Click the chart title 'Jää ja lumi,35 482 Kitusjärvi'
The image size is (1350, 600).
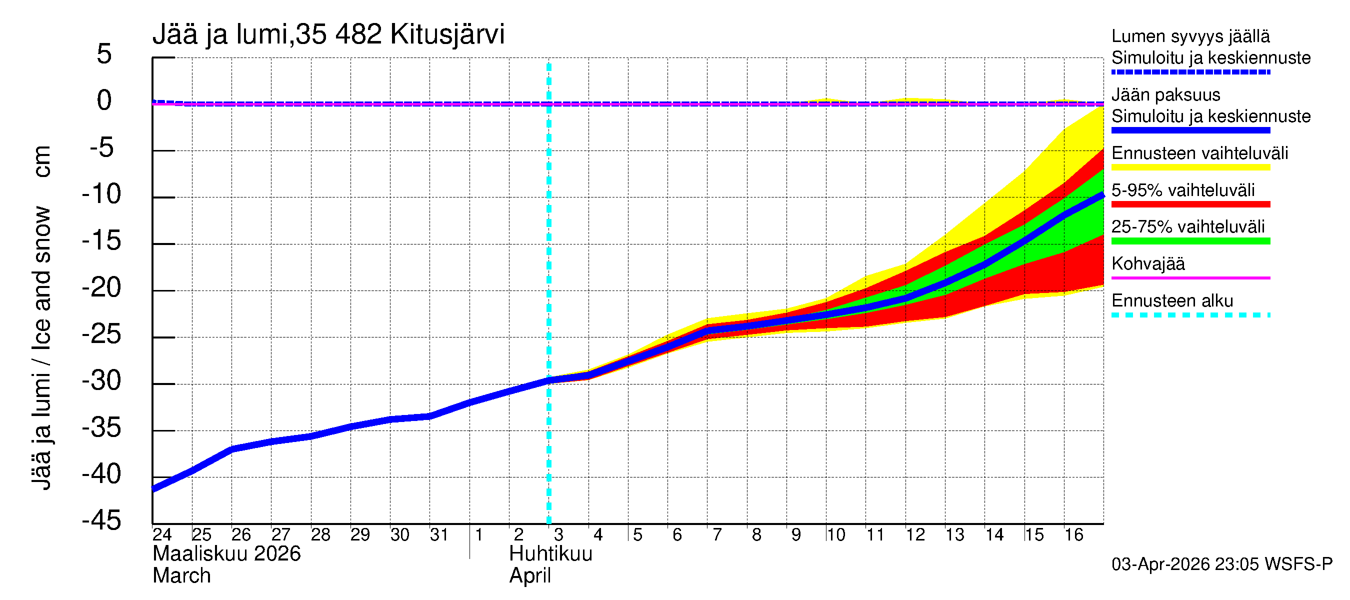click(328, 34)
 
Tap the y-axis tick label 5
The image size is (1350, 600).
click(104, 54)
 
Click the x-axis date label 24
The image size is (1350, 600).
click(162, 535)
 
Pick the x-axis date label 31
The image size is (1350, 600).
click(439, 535)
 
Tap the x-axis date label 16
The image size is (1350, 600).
click(1073, 535)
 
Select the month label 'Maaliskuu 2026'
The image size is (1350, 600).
click(226, 554)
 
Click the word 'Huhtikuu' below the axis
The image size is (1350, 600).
click(550, 554)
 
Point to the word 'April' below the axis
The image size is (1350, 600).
click(530, 576)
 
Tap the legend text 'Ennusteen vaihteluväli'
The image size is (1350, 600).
click(1199, 153)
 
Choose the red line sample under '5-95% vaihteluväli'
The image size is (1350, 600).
click(1190, 204)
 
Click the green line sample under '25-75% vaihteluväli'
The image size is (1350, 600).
click(1190, 241)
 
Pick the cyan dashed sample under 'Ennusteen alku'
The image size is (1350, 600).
click(1190, 315)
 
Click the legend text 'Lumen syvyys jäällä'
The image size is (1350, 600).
click(1190, 36)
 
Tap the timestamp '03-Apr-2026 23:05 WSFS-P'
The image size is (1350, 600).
click(1221, 565)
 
